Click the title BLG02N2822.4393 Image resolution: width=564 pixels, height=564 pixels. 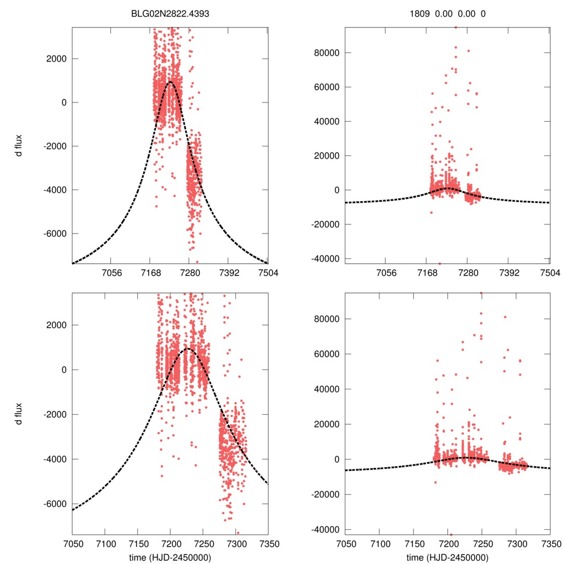[x=170, y=14]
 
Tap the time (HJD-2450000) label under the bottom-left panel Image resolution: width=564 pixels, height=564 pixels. [x=170, y=557]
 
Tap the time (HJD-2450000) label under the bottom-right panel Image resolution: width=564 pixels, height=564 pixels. [x=447, y=557]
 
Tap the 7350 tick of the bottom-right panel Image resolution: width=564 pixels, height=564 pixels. [x=549, y=544]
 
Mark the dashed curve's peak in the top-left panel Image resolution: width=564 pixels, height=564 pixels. [x=170, y=82]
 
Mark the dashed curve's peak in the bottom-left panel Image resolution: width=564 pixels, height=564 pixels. [x=187, y=348]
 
